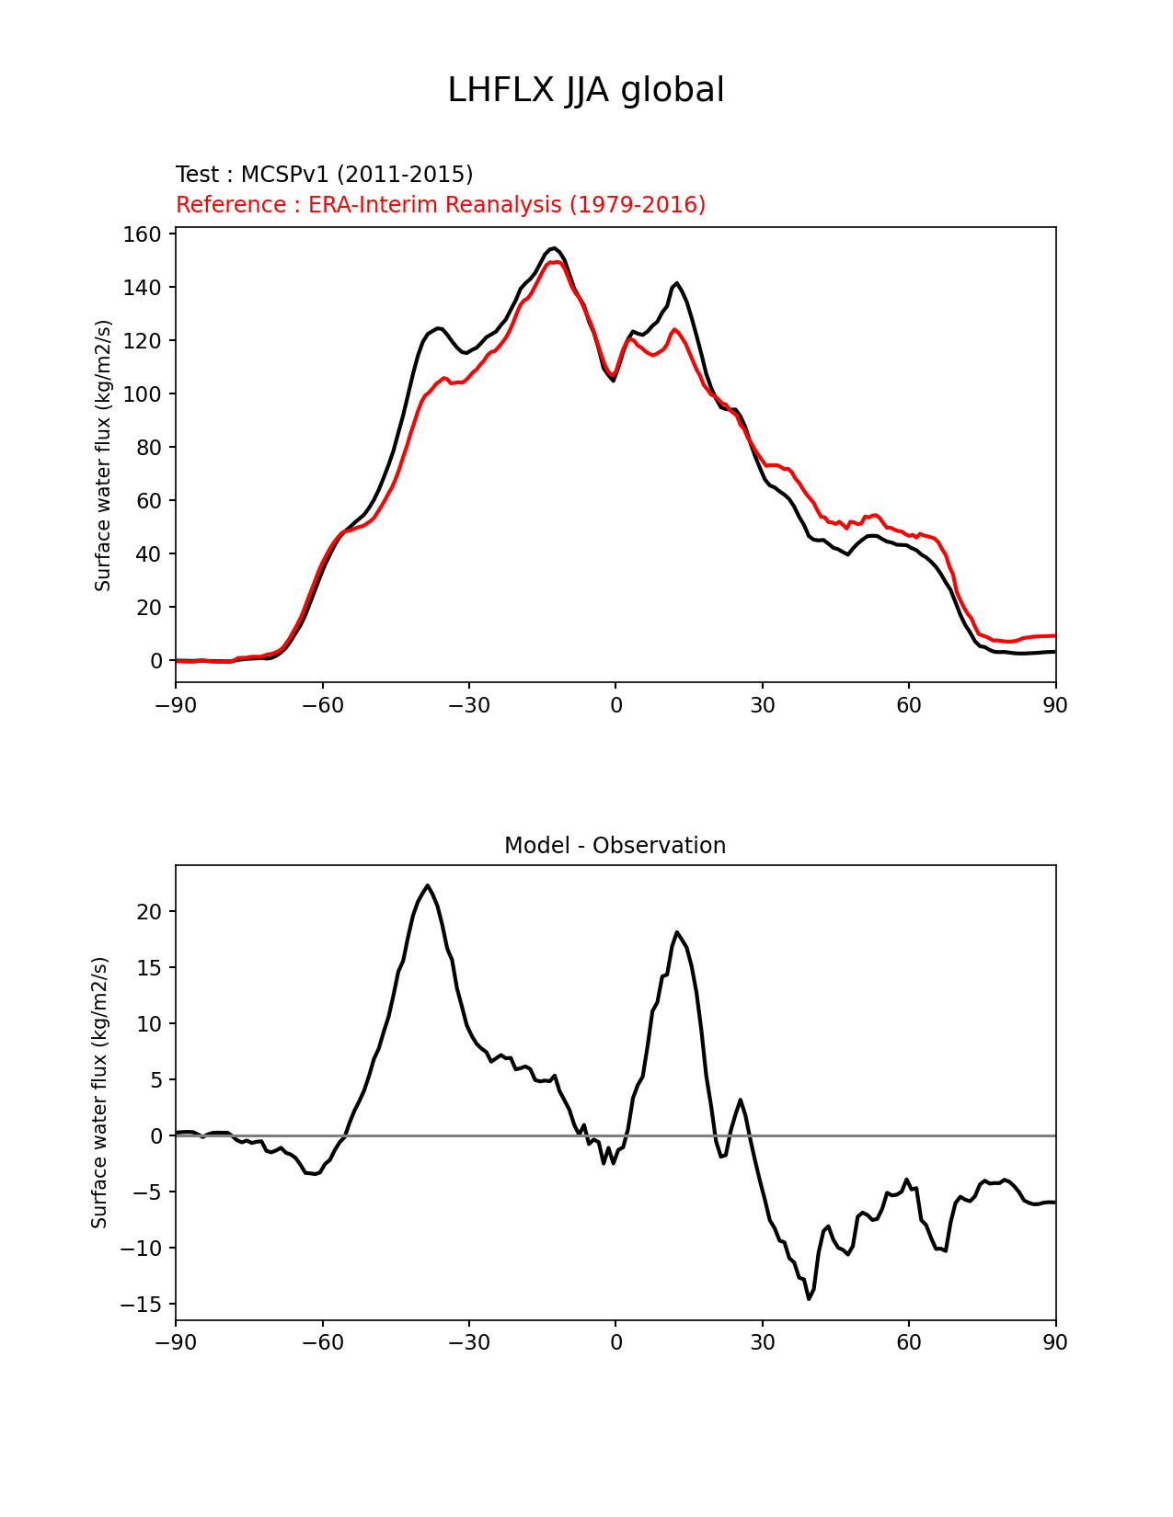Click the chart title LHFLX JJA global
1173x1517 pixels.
585,90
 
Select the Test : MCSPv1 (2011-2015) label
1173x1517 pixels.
324,174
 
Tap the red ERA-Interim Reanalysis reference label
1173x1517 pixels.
441,204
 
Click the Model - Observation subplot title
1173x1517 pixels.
615,845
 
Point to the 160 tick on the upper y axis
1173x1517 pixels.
143,234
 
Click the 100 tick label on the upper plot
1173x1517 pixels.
143,394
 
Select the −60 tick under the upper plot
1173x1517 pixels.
322,705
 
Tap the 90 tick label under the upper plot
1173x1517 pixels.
1055,705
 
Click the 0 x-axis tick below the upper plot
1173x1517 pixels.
615,705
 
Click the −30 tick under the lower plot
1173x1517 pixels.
468,1342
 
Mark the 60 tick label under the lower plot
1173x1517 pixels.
909,1342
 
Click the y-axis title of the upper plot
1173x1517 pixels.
103,455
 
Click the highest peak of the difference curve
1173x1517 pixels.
428,885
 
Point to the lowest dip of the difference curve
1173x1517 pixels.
809,1298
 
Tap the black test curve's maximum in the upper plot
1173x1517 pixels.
553,248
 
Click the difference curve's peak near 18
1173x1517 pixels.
676,932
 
